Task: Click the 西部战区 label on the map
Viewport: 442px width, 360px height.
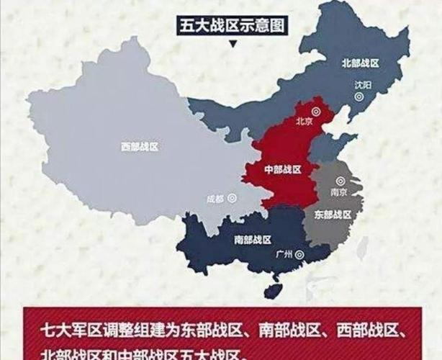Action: click(139, 146)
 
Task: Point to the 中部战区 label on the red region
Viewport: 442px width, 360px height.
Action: click(282, 171)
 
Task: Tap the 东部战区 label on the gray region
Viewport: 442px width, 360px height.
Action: click(332, 214)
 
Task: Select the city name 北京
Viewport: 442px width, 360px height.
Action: click(304, 122)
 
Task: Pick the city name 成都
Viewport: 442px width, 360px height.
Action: click(215, 198)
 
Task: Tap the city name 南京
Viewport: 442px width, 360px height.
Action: click(339, 193)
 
